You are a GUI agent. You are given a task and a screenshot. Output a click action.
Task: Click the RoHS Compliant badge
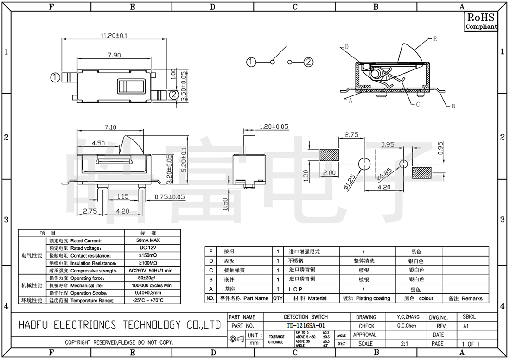tap(481, 21)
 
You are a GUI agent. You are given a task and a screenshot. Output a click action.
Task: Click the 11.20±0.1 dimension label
tap(114, 36)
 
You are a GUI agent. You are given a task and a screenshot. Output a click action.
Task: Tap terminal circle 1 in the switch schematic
tap(251, 62)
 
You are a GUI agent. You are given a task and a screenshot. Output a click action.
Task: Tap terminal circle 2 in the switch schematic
tap(309, 62)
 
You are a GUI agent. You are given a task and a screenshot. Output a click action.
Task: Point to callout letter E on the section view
tap(435, 39)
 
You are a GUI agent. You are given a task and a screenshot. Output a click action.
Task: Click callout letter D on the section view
tap(346, 47)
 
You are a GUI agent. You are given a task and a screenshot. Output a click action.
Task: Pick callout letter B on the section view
tap(453, 106)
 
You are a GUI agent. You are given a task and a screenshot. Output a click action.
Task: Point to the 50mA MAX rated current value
tap(149, 241)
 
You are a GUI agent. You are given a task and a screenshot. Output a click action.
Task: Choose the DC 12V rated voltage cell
tap(149, 248)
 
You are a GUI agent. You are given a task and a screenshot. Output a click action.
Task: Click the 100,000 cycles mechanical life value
tap(149, 285)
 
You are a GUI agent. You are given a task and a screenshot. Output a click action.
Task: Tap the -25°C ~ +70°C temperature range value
tap(149, 300)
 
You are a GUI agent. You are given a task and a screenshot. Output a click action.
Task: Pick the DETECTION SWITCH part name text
tap(306, 317)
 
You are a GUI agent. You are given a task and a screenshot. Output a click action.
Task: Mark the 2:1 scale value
tap(404, 344)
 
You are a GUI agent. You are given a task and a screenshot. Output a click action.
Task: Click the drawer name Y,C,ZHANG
tap(408, 317)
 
